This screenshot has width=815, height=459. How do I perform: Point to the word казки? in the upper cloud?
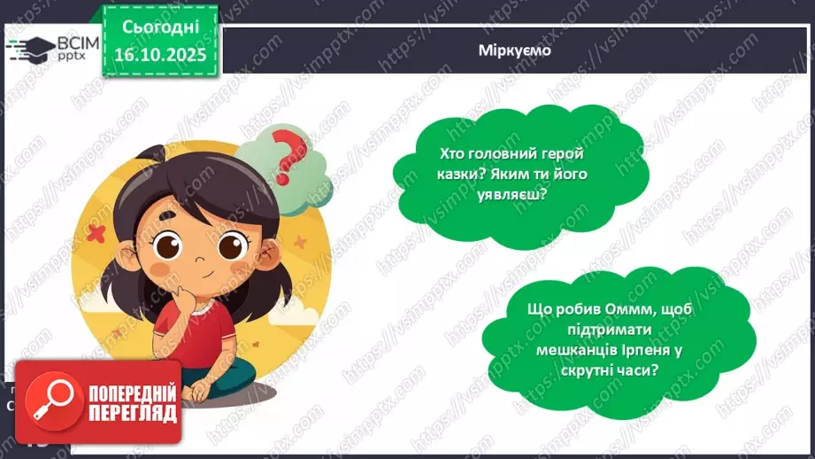click(462, 174)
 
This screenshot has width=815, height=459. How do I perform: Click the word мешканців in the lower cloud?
click(578, 350)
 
